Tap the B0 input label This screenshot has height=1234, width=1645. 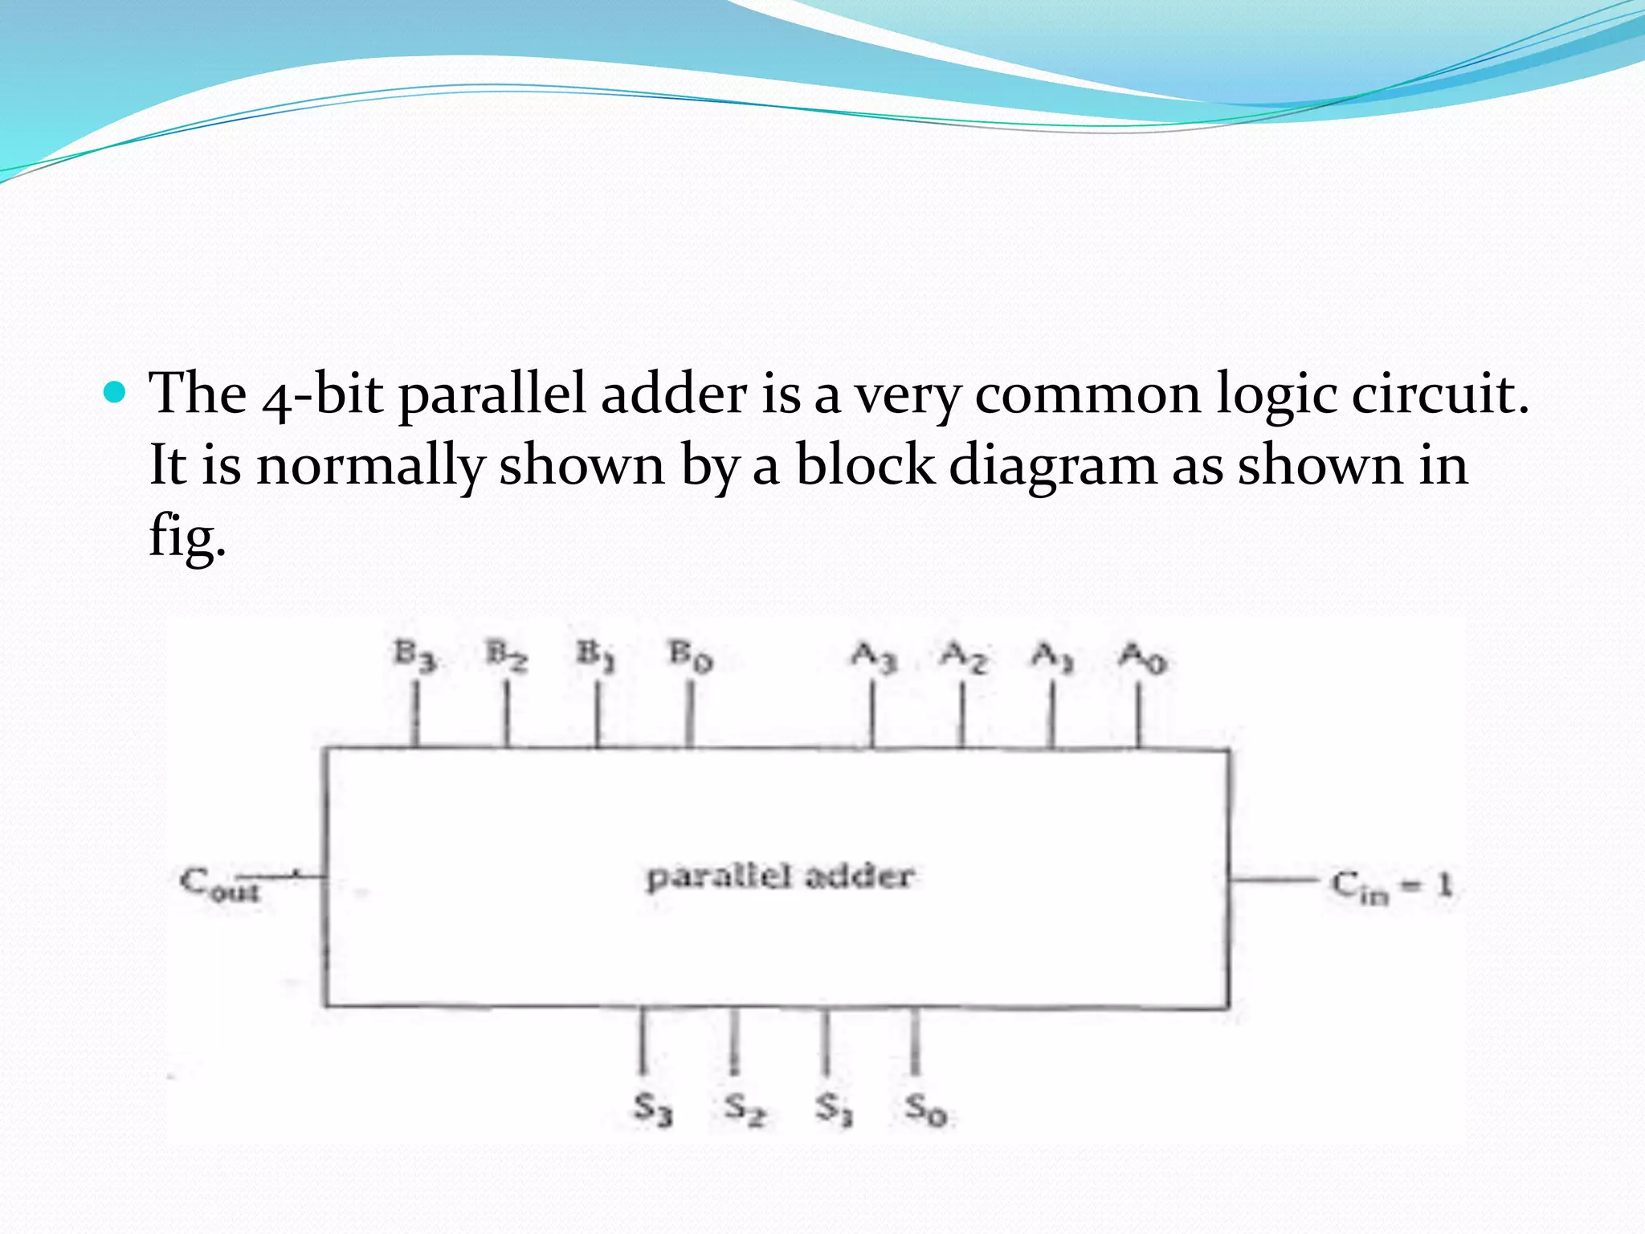(691, 656)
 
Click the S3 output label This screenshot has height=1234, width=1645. (652, 1109)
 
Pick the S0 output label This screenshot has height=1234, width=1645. (926, 1109)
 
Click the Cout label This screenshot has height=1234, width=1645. (219, 884)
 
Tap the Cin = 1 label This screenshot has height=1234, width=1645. (1392, 885)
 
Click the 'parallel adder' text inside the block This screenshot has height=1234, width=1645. (780, 876)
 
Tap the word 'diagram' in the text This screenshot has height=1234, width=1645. (1052, 465)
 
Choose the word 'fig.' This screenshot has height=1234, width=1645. (187, 537)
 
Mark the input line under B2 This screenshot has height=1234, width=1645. (507, 713)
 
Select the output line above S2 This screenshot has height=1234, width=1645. (733, 1040)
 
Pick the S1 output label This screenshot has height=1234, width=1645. (834, 1109)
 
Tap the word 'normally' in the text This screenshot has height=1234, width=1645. (370, 467)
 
